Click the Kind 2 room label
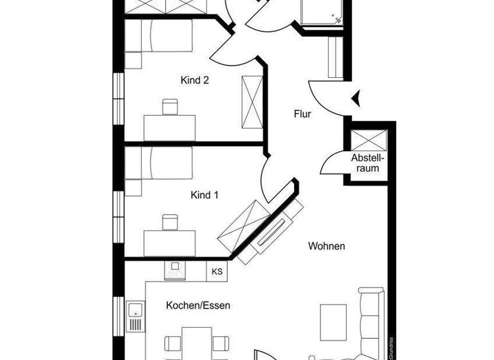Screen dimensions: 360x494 click(195, 81)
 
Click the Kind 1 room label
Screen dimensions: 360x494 click(205, 194)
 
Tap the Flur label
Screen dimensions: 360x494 click(302, 114)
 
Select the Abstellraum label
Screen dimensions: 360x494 click(367, 163)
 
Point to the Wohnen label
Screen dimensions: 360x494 click(327, 246)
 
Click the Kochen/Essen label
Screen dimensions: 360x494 click(197, 305)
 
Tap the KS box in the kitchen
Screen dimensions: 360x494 click(217, 271)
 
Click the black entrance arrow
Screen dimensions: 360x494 click(355, 98)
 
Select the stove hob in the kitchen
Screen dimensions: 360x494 click(175, 271)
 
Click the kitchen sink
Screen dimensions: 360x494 click(135, 316)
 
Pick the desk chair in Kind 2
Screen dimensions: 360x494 click(170, 107)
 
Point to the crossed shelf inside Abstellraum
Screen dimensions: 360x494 click(367, 140)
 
